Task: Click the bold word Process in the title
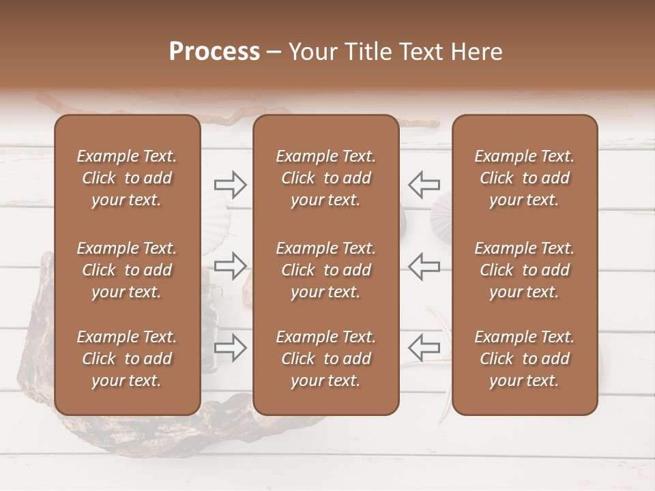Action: click(214, 52)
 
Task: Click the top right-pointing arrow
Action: click(231, 184)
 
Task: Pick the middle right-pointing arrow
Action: click(231, 265)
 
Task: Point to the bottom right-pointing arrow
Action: click(231, 347)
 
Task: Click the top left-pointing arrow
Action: click(424, 184)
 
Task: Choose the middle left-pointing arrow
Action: click(424, 265)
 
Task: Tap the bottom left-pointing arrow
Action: click(424, 347)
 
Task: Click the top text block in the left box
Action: click(127, 178)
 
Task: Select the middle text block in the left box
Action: click(127, 270)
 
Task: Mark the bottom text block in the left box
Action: click(127, 359)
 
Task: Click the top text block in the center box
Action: click(325, 178)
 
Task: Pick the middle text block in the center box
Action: click(325, 270)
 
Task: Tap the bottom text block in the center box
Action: click(325, 359)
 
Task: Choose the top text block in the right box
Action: click(524, 178)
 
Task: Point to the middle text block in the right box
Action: click(524, 270)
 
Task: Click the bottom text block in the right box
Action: click(524, 359)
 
